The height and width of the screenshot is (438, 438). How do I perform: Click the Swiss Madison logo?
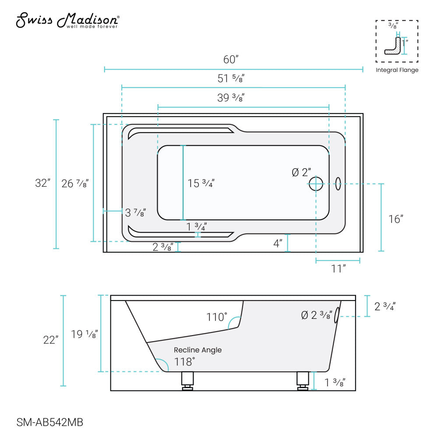[67, 21]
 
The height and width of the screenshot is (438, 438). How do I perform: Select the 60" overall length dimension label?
[231, 59]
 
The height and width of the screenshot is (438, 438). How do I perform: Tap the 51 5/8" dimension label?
[231, 78]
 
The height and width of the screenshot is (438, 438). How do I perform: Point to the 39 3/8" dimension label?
[231, 98]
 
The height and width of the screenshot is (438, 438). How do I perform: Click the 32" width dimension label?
[43, 184]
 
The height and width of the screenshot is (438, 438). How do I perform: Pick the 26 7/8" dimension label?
[75, 184]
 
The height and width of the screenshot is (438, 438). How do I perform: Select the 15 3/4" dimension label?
[201, 184]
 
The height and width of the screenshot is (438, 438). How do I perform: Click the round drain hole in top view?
[316, 184]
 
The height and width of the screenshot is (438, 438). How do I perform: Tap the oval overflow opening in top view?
[338, 184]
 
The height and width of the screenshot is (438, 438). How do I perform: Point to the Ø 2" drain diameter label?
[301, 173]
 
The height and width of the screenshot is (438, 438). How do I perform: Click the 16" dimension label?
[396, 219]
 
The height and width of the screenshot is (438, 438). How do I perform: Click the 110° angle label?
[217, 317]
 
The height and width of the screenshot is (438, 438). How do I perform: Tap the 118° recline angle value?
[184, 362]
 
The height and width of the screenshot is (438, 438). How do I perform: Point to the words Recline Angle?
[198, 350]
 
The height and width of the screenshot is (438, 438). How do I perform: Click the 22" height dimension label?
[51, 340]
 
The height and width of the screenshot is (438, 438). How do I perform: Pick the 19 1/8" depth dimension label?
[84, 335]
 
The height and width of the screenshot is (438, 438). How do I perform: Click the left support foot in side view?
[188, 380]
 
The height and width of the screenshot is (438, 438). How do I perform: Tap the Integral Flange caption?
[397, 70]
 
